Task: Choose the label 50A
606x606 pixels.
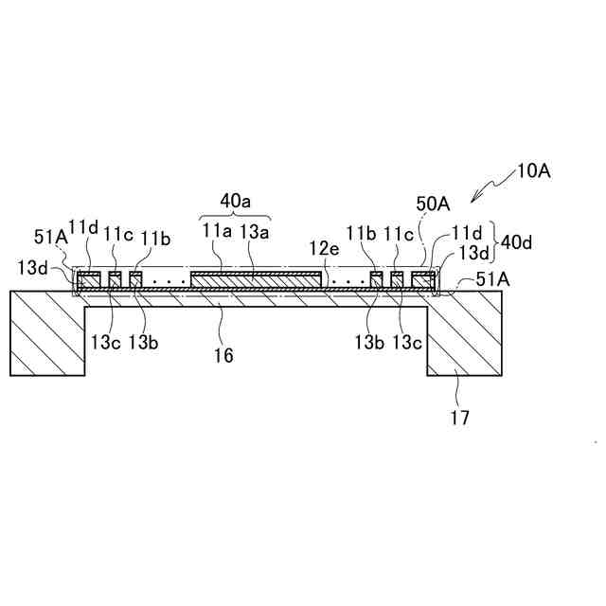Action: click(x=432, y=203)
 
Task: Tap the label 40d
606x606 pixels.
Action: click(x=517, y=242)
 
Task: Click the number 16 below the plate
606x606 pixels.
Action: click(x=223, y=356)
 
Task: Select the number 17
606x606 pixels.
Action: click(x=459, y=416)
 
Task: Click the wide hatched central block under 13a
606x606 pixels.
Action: click(x=255, y=279)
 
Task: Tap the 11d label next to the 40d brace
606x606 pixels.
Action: click(x=467, y=232)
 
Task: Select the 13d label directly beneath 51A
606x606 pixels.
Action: click(x=33, y=267)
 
